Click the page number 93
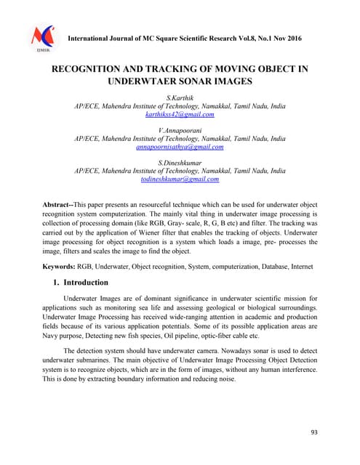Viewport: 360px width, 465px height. [x=314, y=432]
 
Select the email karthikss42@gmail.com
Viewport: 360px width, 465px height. [x=180, y=114]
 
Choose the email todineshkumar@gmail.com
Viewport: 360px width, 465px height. [x=180, y=179]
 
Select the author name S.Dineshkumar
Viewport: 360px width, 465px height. [x=180, y=161]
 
